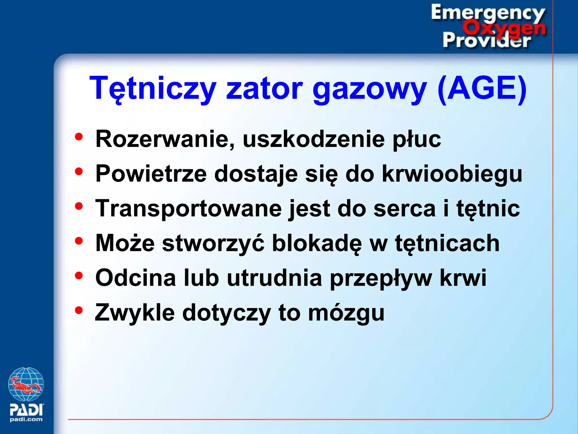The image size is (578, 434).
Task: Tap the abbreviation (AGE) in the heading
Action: point(481,88)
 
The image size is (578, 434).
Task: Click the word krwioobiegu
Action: point(452,174)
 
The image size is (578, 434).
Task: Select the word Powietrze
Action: point(151,173)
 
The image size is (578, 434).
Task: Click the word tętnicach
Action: point(447,244)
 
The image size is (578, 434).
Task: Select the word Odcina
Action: point(136,278)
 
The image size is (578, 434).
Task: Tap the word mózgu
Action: point(346,313)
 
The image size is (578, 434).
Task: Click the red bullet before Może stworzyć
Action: point(79,241)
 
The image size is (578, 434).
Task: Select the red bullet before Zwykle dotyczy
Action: point(79,310)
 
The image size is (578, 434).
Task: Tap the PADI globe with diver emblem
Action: point(26,384)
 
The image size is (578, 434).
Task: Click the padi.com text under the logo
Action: point(26,420)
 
